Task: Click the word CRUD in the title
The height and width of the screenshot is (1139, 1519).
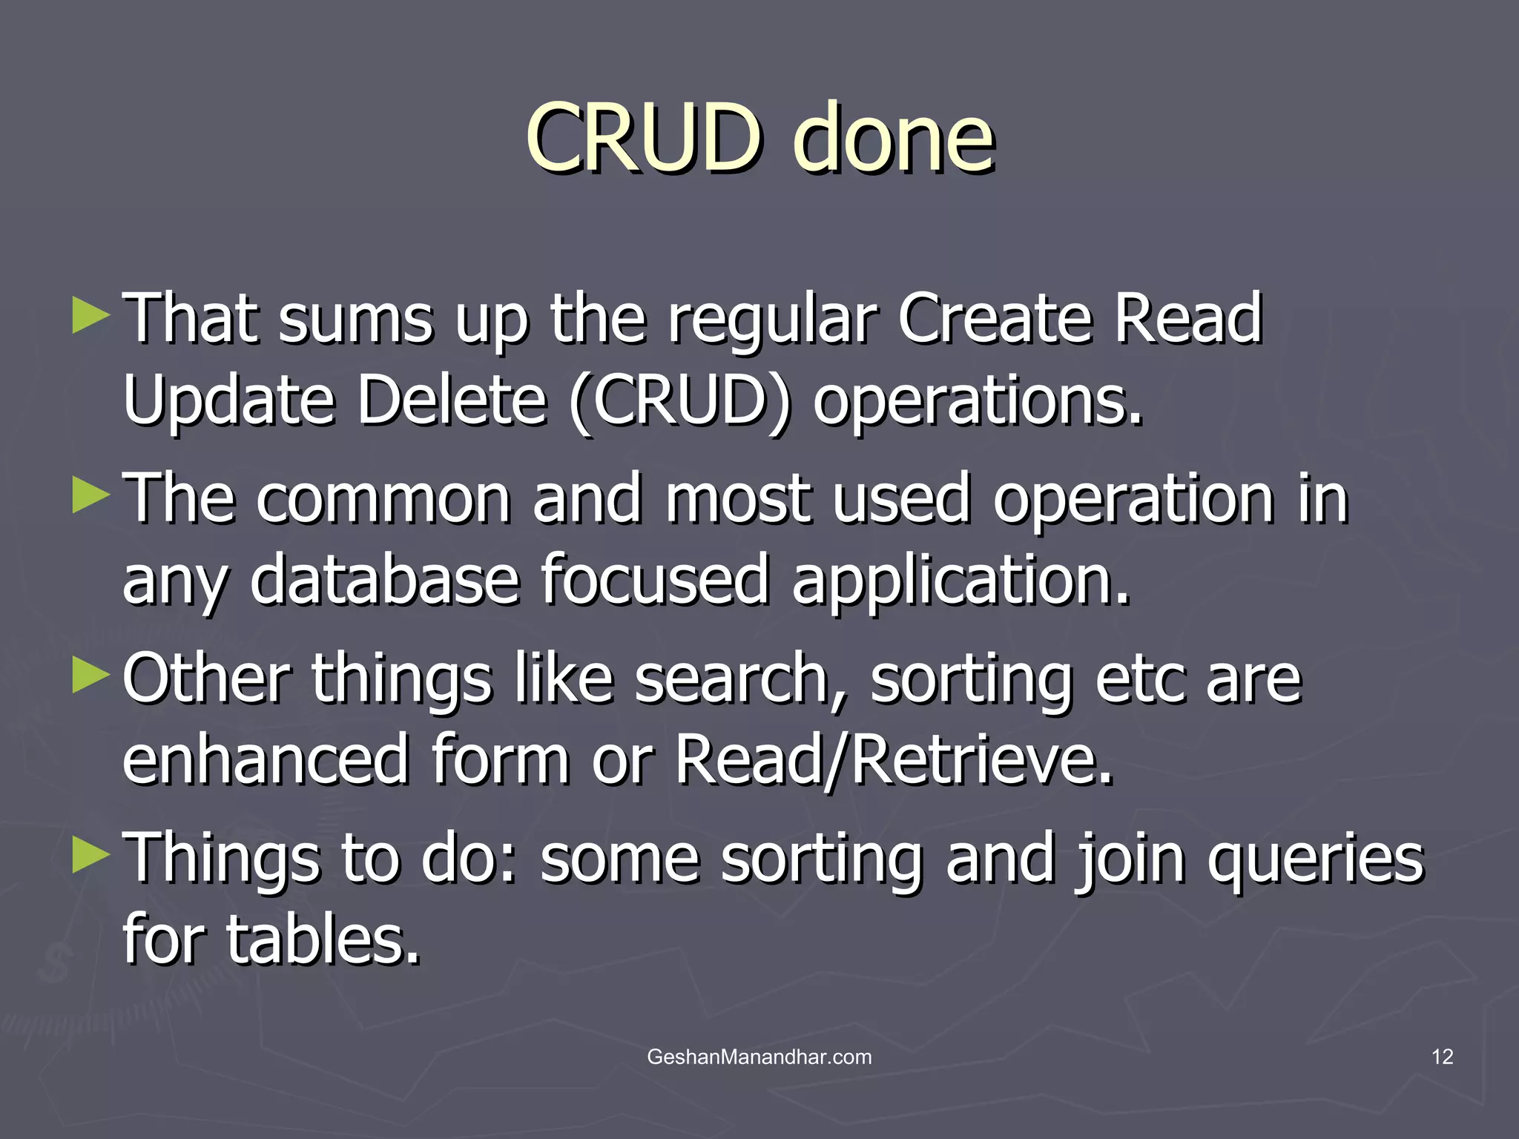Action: [x=643, y=138]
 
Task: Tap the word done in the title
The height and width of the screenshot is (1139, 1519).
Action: [x=893, y=138]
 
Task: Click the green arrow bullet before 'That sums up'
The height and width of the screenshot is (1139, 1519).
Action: [x=91, y=317]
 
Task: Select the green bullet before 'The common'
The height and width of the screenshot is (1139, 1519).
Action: [x=91, y=496]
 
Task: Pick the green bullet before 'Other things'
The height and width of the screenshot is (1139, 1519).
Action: [x=91, y=676]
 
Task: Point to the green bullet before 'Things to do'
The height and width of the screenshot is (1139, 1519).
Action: [x=91, y=855]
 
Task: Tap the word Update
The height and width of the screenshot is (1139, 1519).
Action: [x=228, y=400]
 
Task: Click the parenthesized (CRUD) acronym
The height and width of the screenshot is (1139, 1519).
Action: [x=680, y=400]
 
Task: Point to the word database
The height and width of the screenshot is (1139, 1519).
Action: [x=384, y=579]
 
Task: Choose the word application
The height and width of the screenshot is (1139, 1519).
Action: [x=961, y=581]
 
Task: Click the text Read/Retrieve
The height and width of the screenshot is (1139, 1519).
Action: [x=894, y=760]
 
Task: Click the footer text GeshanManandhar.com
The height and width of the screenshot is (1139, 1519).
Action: [x=759, y=1057]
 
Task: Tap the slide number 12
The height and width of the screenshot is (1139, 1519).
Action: [x=1442, y=1057]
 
